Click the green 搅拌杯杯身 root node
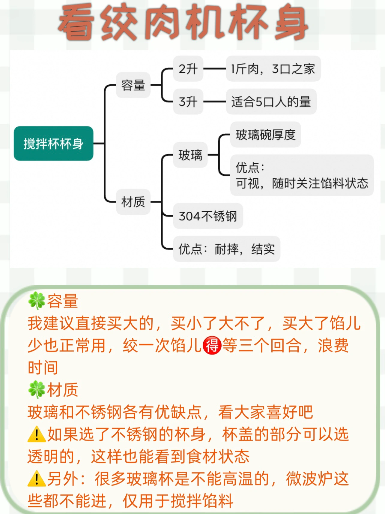[53, 144]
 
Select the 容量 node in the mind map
[133, 85]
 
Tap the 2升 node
[188, 69]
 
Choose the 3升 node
[188, 101]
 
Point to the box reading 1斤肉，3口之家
[273, 69]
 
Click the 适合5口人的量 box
[271, 101]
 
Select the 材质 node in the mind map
[133, 202]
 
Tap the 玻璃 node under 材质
[190, 155]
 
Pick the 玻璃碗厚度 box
[265, 135]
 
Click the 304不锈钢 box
[208, 216]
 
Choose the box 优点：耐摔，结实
[226, 249]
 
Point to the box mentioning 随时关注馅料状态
[302, 175]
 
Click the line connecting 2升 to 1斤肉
[214, 69]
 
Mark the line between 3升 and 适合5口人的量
[214, 101]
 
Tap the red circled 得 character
[212, 345]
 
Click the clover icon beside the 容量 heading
[37, 301]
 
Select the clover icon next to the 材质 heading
[37, 390]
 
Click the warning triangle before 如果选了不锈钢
[37, 434]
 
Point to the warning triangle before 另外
[37, 479]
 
